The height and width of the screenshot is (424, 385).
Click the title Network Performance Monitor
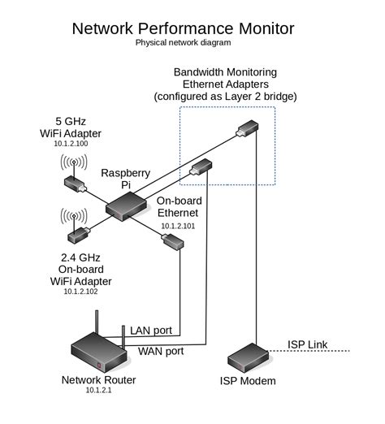tap(183, 28)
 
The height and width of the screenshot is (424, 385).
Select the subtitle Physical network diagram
tap(183, 41)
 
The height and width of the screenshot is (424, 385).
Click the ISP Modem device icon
tap(249, 356)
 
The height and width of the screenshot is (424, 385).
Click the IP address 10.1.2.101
tap(180, 227)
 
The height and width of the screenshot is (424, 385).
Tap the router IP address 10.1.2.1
tap(99, 391)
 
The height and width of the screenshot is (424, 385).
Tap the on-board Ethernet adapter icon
tap(173, 241)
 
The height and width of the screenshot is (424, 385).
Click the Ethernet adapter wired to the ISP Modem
tap(247, 128)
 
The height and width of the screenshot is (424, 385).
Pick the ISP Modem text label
tap(248, 381)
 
